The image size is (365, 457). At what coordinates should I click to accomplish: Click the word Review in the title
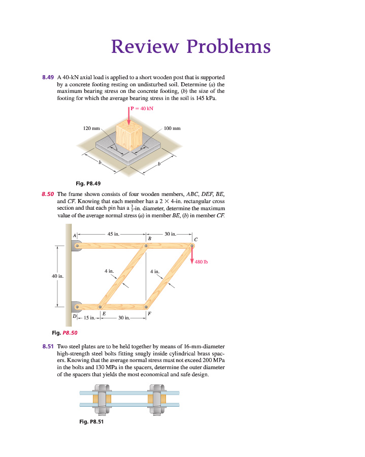tap(144, 46)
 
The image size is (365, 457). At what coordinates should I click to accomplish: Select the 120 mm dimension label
tap(92, 128)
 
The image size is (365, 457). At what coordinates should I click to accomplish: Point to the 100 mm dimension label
tap(172, 128)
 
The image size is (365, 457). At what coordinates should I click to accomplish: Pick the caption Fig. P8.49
tap(88, 183)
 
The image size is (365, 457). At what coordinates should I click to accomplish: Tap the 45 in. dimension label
tap(113, 234)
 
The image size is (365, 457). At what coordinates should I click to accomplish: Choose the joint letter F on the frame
tap(149, 314)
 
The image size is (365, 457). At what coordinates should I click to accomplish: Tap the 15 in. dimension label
tap(88, 318)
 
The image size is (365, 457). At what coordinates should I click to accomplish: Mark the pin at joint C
tap(192, 246)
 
